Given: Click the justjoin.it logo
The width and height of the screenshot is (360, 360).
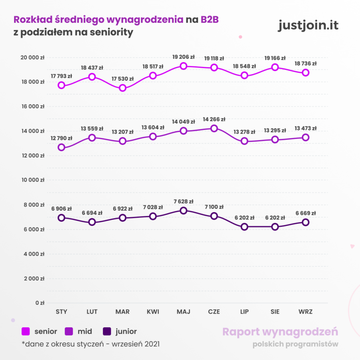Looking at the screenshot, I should click(x=308, y=25).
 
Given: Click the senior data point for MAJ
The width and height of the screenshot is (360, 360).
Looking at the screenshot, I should click(x=184, y=66).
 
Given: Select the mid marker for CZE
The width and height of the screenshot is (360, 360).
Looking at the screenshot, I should click(x=214, y=128).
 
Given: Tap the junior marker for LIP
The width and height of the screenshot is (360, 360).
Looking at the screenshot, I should click(x=244, y=227).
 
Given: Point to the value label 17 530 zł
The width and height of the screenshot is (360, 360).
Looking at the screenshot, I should click(x=123, y=79).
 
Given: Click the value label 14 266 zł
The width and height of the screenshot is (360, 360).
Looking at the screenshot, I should click(x=214, y=119).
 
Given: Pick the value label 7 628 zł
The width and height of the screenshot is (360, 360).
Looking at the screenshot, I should click(x=184, y=202).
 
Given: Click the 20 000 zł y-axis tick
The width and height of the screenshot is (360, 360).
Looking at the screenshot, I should click(x=32, y=57).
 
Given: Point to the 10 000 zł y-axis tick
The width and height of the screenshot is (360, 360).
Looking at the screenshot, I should click(x=32, y=180).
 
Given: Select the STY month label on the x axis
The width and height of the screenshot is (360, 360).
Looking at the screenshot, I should click(x=61, y=312).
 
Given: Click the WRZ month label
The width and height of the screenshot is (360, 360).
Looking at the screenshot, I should click(x=306, y=312).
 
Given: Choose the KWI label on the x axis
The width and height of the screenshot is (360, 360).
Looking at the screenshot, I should click(x=153, y=312).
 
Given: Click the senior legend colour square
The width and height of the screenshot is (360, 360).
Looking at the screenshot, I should click(x=26, y=332).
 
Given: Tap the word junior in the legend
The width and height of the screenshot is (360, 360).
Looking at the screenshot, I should click(x=126, y=332).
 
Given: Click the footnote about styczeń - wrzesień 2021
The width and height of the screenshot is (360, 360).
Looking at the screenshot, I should click(x=91, y=344).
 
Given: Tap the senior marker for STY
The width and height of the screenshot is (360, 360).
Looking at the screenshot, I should click(x=61, y=85).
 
